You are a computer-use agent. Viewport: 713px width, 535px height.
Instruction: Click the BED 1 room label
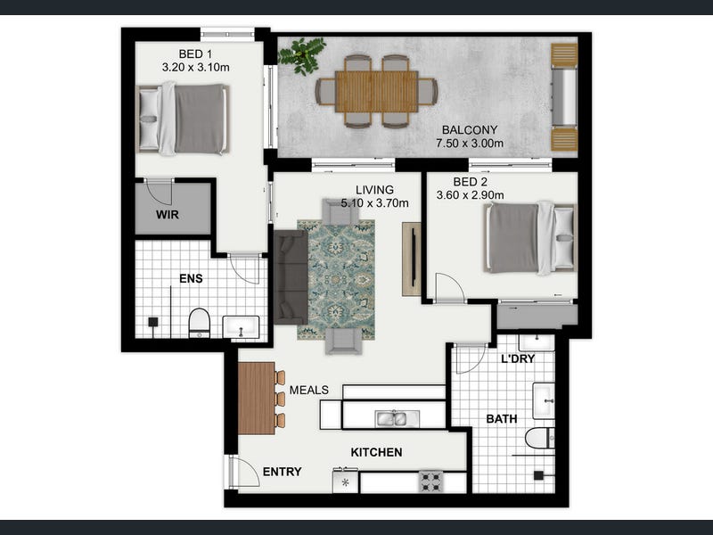coord(195,53)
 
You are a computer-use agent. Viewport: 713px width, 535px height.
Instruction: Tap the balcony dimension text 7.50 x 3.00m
coord(470,144)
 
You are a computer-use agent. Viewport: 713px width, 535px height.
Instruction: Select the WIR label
coord(168,215)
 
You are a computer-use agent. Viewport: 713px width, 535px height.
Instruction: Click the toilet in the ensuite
coord(199,323)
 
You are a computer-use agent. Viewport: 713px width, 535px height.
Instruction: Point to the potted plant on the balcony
coord(302,55)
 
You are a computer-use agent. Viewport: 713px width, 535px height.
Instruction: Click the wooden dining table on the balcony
coord(376,92)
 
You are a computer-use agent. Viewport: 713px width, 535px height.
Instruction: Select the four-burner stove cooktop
coord(431,481)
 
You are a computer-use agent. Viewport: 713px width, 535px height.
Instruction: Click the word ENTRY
coord(282,472)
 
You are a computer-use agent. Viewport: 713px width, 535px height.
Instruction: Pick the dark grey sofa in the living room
coord(291,277)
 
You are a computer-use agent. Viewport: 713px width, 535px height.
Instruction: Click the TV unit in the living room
coord(412,259)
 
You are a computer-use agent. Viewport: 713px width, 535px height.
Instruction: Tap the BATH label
coord(502,418)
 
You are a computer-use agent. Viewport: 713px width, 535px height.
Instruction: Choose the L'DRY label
coord(518,358)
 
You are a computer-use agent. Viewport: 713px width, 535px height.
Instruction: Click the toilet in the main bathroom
coord(540,438)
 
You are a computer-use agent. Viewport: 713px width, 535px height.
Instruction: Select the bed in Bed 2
coord(529,238)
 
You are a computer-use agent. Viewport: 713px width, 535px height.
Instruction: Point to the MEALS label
coord(308,390)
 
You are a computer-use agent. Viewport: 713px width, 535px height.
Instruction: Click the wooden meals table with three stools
coord(257,399)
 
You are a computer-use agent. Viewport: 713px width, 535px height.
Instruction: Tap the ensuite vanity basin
coord(241,327)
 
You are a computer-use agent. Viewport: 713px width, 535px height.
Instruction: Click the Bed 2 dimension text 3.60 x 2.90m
coord(471,195)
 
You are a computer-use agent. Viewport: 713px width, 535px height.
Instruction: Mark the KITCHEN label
coord(376,452)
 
